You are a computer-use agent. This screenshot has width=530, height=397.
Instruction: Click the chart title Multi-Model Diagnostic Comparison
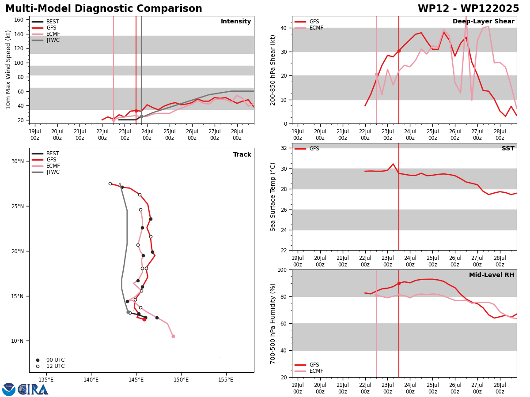(104, 9)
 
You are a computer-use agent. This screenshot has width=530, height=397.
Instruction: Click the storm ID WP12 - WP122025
(468, 9)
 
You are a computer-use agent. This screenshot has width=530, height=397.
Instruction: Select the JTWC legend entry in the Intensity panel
(45, 40)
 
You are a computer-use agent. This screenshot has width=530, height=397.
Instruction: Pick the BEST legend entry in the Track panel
(45, 154)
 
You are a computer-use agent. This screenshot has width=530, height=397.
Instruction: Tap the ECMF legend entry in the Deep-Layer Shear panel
(309, 28)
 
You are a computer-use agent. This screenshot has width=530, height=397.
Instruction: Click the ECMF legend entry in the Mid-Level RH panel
(309, 371)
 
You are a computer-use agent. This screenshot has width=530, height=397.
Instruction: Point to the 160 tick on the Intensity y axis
(19, 20)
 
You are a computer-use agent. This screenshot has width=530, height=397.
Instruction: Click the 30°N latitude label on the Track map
(18, 161)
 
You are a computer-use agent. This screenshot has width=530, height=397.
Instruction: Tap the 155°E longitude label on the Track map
(226, 380)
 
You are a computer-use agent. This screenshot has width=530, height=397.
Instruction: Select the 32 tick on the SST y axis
(284, 148)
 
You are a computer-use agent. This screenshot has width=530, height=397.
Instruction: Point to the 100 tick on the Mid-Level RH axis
(282, 270)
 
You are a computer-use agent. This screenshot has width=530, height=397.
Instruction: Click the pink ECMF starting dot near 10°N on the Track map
(173, 336)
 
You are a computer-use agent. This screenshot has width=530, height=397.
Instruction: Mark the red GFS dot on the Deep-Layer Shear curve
(399, 51)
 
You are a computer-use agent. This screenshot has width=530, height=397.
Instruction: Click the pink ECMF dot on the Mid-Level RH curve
(376, 295)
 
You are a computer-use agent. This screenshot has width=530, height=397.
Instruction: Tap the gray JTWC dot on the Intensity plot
(141, 116)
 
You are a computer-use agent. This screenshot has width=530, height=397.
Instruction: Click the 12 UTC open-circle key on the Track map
(50, 366)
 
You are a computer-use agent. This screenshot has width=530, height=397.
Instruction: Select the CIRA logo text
(33, 390)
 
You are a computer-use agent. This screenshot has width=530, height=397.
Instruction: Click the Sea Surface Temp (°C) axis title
(273, 197)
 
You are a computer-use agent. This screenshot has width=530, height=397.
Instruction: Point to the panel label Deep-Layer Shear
(483, 21)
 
